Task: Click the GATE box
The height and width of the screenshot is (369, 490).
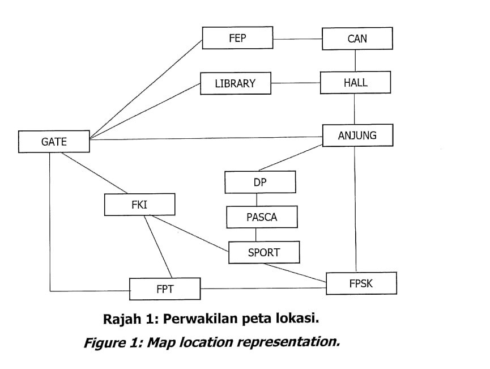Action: pos(54,142)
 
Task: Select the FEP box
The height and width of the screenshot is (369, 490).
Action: pos(237,39)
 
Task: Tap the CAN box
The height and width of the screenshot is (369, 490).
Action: pos(357,39)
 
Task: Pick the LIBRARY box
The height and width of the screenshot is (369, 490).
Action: pos(235,83)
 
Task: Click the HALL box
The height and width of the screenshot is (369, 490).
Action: pos(355,82)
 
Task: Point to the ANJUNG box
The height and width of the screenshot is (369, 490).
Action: pos(357,136)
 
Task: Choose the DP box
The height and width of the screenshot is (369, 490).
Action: pos(260,183)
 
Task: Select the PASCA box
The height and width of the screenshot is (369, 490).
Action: pos(262,217)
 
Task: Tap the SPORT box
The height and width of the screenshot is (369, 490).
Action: pos(264,252)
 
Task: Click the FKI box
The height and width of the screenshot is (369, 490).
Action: pos(139,205)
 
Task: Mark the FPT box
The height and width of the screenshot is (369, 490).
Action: pos(165,289)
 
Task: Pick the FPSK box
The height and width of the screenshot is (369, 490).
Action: pos(361,283)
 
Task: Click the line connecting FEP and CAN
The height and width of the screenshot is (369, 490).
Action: pos(297,39)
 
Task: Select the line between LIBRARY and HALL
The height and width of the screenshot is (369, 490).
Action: pos(295,83)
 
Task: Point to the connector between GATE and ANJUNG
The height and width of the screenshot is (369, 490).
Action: pos(204,138)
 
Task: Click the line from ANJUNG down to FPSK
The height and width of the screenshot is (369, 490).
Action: pos(355,210)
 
